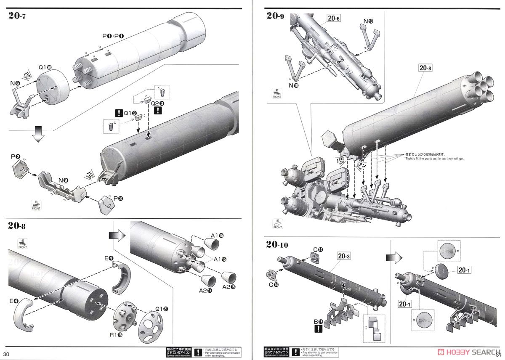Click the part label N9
64,180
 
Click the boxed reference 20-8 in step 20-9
425,67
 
